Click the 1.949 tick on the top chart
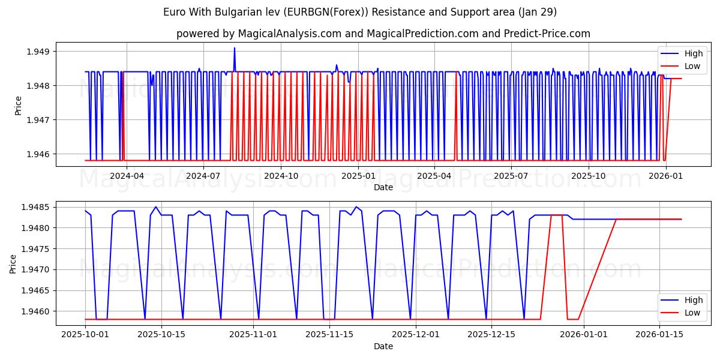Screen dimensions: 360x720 [x=38, y=52]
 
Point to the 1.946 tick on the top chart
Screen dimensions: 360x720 [x=38, y=154]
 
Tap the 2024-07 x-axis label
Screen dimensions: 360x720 [x=203, y=176]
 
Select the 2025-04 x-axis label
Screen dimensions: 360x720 [x=434, y=176]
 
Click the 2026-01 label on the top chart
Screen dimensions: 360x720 [x=665, y=176]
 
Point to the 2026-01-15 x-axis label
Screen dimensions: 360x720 [x=660, y=334]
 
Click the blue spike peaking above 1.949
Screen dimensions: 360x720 [x=235, y=49]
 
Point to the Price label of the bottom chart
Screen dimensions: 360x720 [x=13, y=263]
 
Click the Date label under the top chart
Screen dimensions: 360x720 [x=383, y=187]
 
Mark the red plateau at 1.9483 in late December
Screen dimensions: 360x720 [x=557, y=215]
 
